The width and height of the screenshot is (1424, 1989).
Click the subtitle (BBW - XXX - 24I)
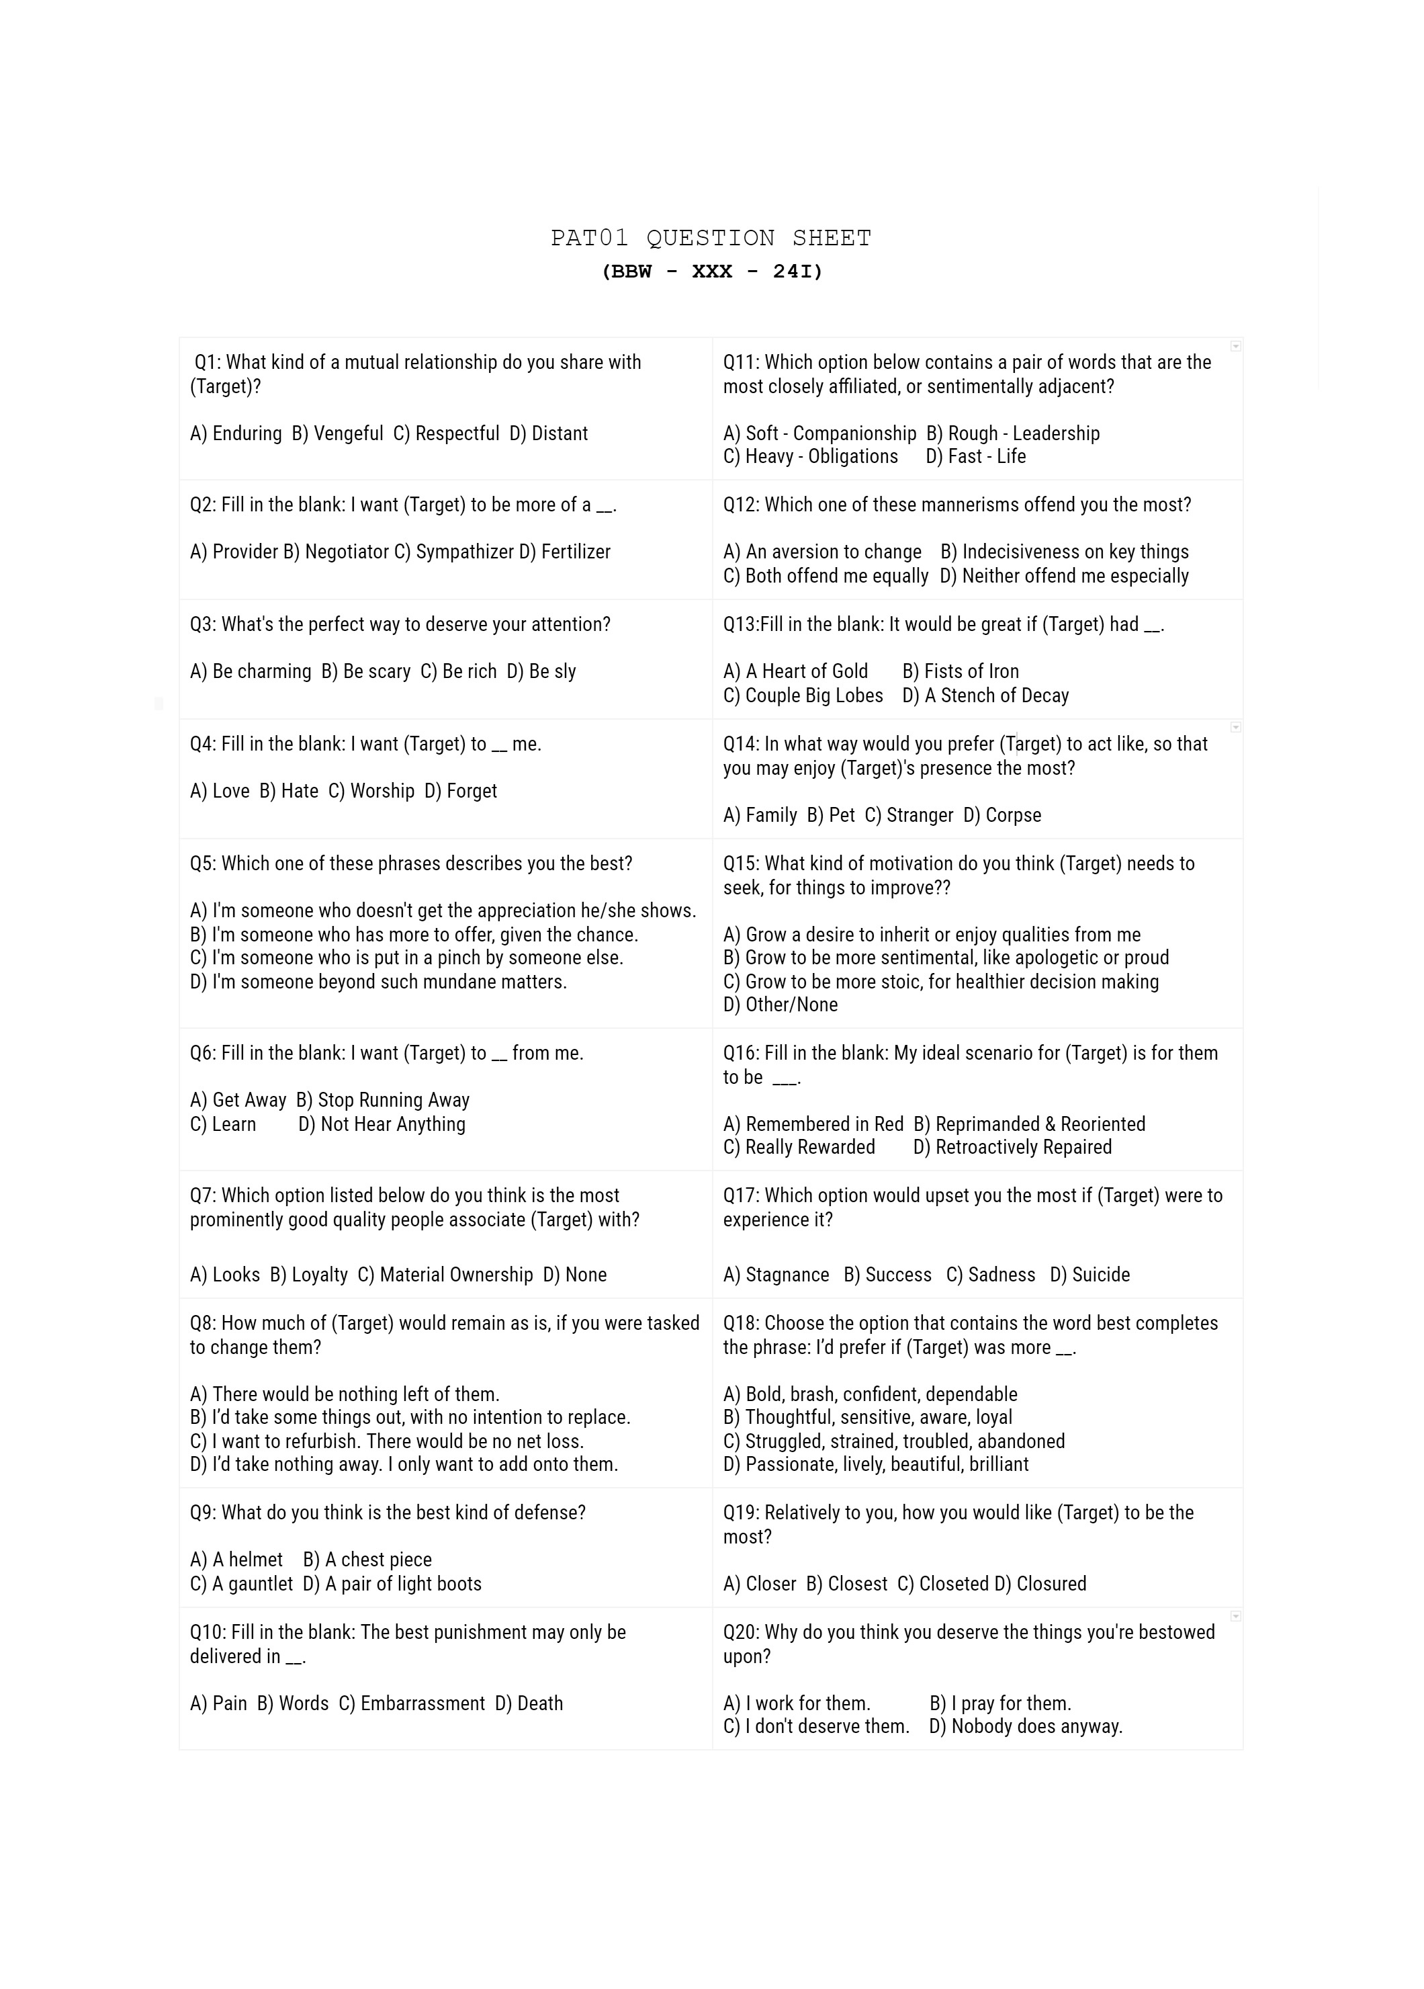coord(711,272)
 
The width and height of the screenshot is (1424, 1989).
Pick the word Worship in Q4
coord(382,790)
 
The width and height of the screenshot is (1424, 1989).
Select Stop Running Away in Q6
coord(393,1100)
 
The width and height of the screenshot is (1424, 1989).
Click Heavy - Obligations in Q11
coord(821,456)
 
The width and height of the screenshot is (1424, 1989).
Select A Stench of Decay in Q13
coord(996,695)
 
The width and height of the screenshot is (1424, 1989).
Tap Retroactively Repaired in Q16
coord(1022,1147)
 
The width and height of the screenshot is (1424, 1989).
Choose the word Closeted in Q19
coord(953,1584)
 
